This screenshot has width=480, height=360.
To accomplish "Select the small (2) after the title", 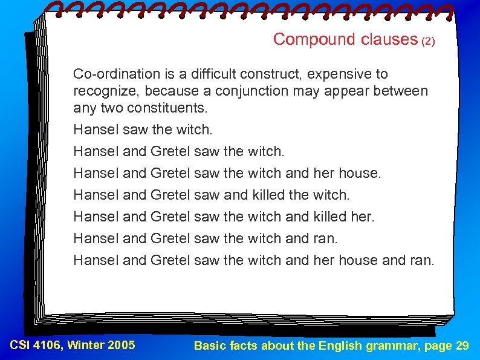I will coord(428,42).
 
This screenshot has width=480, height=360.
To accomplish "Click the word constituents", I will coord(171,110).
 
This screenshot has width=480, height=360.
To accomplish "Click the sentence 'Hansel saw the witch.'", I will coord(143,129).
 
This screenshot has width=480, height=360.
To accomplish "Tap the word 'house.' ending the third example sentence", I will coord(360,173).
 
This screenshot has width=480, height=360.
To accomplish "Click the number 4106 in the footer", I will coord(51,345).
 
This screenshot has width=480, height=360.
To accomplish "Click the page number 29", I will coord(461,346).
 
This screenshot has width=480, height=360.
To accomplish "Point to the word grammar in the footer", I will coord(387,347).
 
